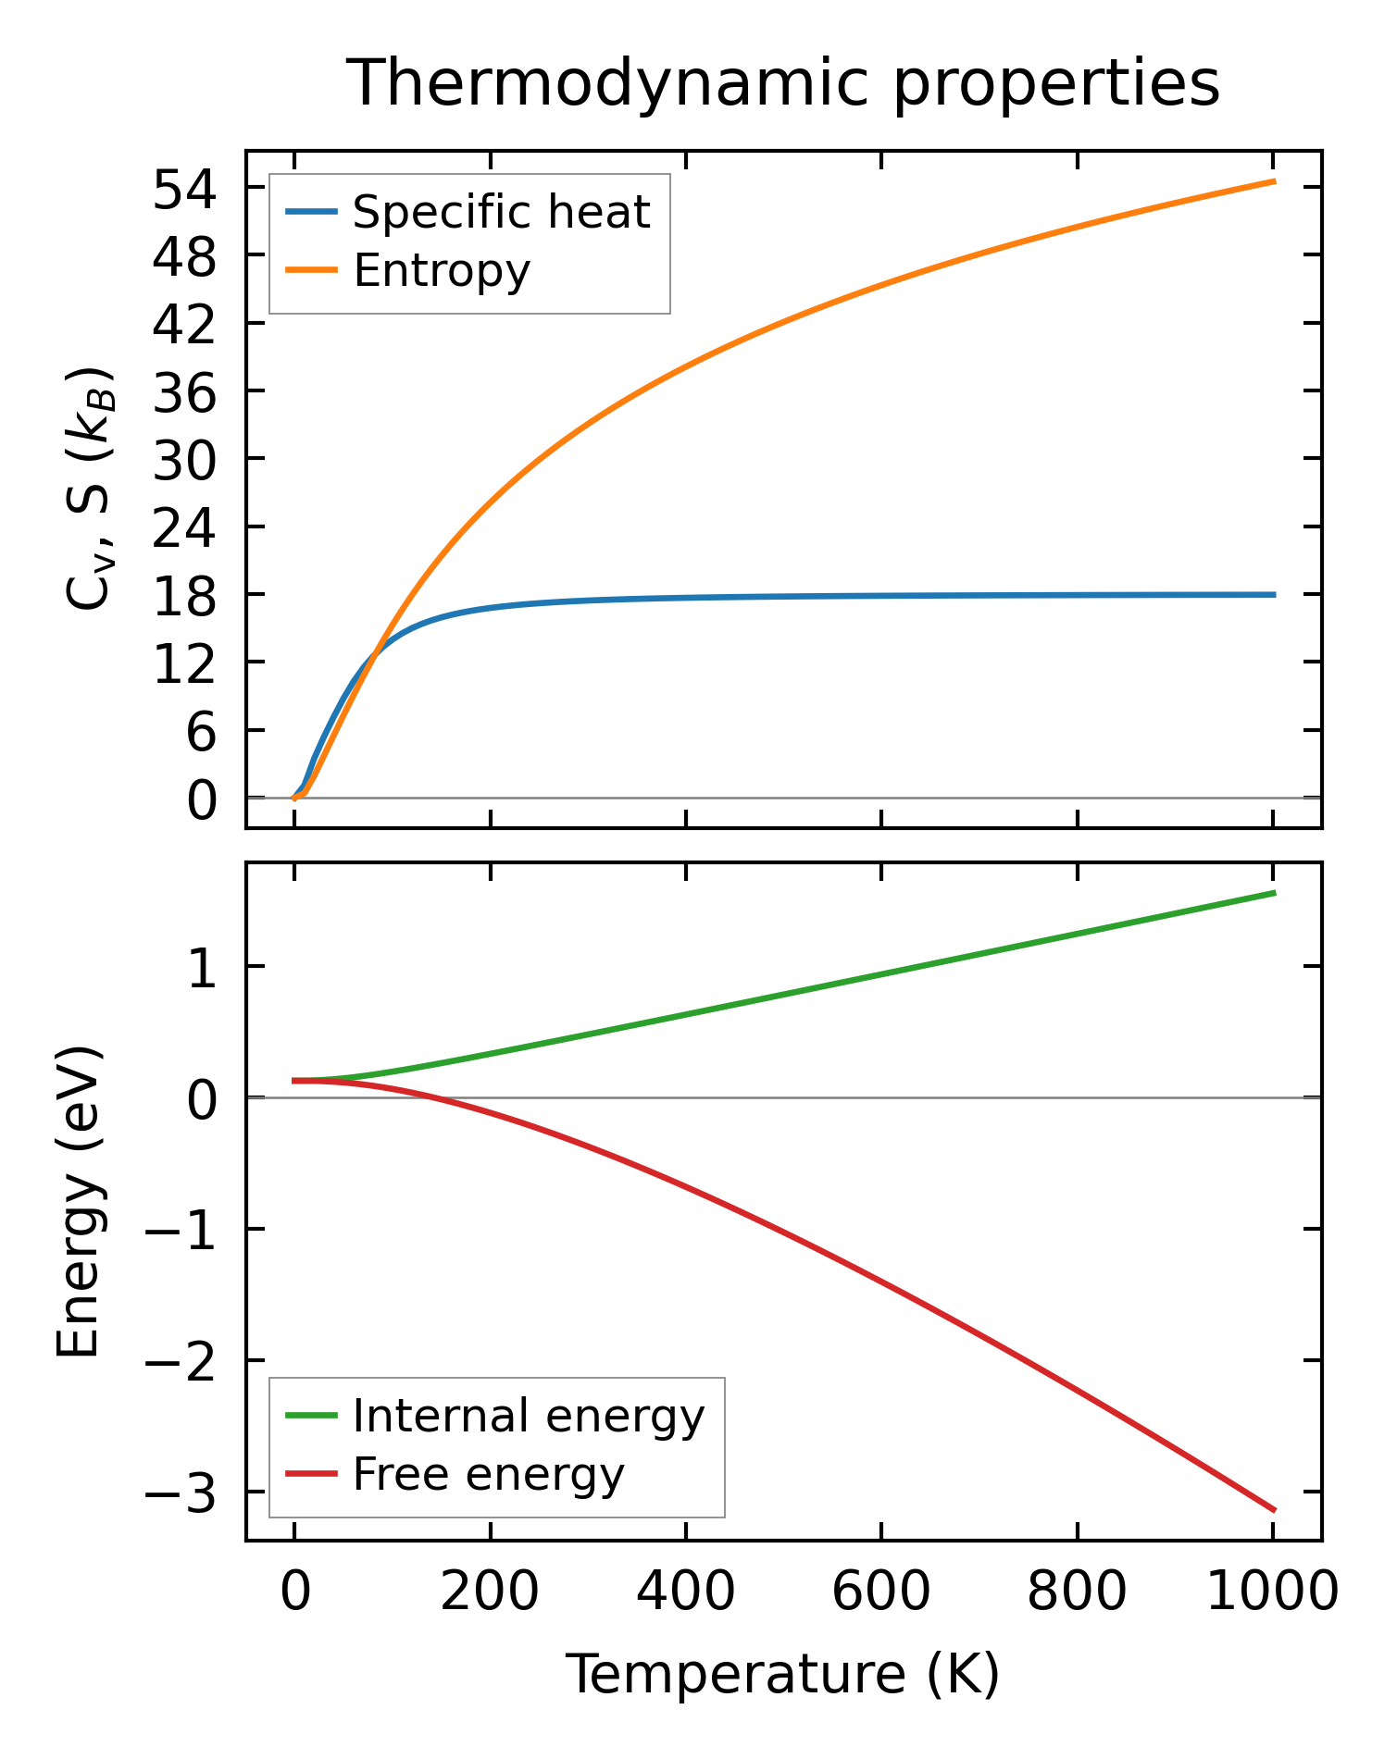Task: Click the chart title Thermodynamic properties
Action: tap(783, 84)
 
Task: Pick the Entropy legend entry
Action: tap(442, 271)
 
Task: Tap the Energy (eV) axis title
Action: tap(78, 1203)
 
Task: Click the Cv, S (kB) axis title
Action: tap(90, 489)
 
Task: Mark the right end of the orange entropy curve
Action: tap(1274, 181)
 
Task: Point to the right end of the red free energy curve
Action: tap(1274, 1510)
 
